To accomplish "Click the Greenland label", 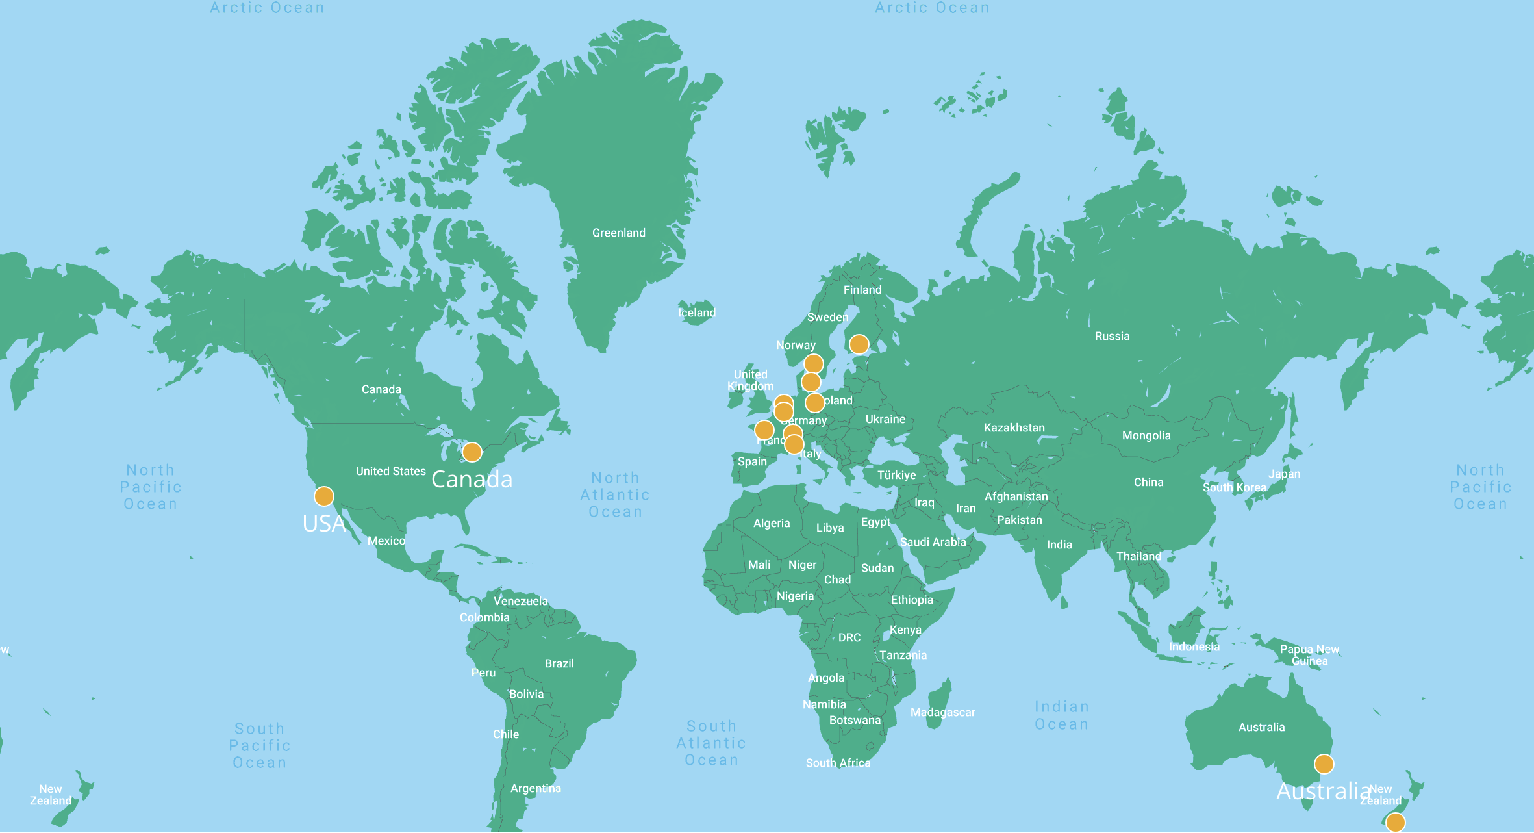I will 618,233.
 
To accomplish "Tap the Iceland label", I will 696,313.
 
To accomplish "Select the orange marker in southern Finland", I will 859,344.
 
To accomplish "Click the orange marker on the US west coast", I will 323,496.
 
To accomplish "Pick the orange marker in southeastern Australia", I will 1324,763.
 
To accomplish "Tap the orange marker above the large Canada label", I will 472,452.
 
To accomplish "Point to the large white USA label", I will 323,524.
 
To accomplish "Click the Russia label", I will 1112,336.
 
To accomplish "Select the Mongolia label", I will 1146,435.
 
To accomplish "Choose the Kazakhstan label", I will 1014,428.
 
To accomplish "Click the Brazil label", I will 559,663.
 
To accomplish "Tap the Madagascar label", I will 942,712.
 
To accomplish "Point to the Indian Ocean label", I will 1061,715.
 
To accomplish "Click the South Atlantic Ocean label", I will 711,743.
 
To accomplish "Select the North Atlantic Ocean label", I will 615,494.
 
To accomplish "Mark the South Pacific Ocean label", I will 260,745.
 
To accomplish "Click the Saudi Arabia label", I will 933,542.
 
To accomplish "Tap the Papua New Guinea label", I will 1309,655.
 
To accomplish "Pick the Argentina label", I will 535,788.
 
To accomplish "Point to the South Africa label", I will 838,763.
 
